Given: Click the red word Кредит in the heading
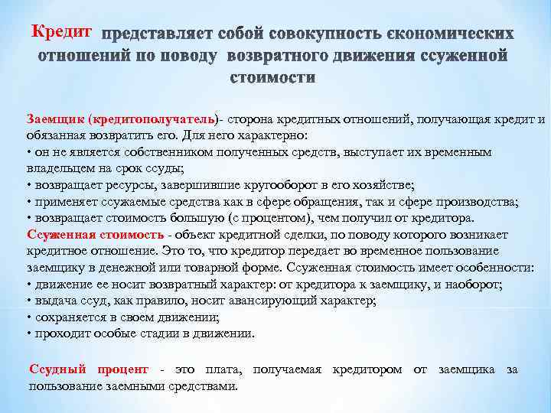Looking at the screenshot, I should [62, 33].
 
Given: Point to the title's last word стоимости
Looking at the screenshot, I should [272, 77].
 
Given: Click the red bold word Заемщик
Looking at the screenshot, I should [55, 119].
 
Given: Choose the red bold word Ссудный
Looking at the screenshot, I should [60, 369].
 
